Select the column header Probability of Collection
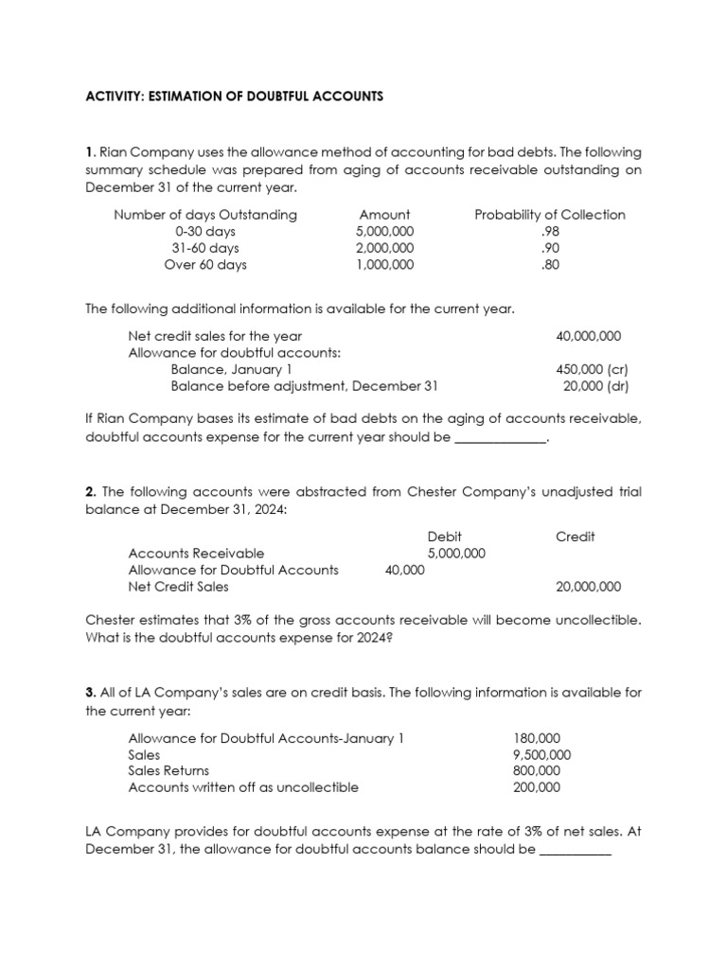click(x=549, y=215)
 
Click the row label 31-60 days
click(x=205, y=248)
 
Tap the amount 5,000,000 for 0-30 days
click(x=384, y=232)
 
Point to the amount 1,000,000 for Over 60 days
click(x=384, y=265)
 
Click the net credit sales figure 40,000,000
click(x=590, y=336)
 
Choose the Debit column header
click(x=445, y=537)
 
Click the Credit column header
click(x=575, y=537)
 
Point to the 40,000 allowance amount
click(x=404, y=570)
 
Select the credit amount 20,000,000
click(x=589, y=587)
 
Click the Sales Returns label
click(x=168, y=770)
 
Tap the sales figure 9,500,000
click(x=541, y=754)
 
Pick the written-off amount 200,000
click(x=536, y=787)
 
